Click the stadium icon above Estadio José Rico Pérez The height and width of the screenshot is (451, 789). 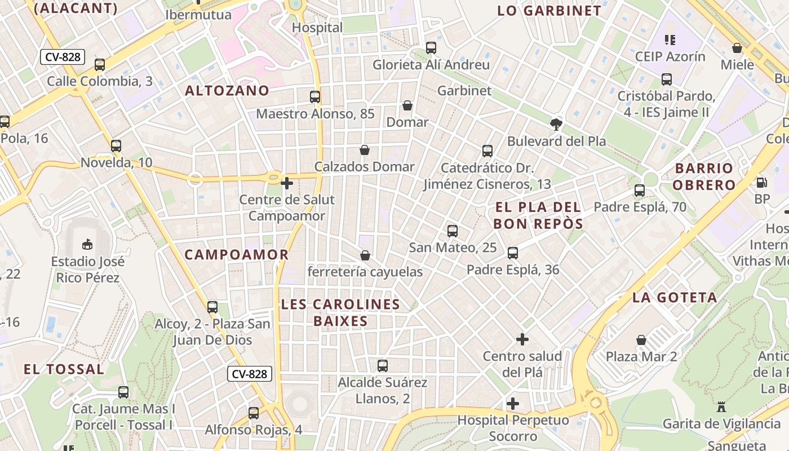[87, 245]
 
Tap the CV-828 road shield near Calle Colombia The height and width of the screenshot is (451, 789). [63, 56]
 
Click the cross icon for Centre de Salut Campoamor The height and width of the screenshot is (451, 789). [287, 183]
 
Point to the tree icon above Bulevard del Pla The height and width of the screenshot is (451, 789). [556, 124]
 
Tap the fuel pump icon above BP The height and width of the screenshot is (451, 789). [761, 182]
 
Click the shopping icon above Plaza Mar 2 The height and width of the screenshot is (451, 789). [641, 340]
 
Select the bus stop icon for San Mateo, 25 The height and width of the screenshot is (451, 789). [453, 231]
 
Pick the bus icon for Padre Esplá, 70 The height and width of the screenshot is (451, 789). [640, 191]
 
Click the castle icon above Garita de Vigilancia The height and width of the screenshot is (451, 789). [721, 406]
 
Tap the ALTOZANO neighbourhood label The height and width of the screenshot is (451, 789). [227, 90]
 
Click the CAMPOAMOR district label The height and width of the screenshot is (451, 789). [237, 254]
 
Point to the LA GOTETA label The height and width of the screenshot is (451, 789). [675, 297]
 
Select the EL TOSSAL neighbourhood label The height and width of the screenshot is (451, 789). [64, 369]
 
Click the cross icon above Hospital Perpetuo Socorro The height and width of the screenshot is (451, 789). [513, 404]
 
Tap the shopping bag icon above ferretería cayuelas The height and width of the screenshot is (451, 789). [365, 255]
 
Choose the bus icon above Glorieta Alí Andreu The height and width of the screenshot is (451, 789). [431, 48]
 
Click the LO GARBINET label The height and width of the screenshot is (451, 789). [549, 11]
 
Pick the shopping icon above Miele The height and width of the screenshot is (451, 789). [737, 48]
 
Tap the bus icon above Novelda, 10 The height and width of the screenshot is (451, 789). [116, 146]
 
